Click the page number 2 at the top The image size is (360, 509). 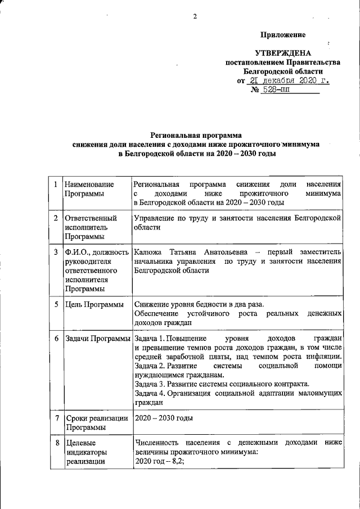click(x=195, y=16)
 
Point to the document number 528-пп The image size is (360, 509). click(x=274, y=90)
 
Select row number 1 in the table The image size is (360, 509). click(x=55, y=184)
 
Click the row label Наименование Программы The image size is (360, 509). click(x=89, y=189)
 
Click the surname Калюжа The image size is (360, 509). click(x=147, y=251)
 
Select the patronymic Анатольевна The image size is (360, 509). click(x=224, y=251)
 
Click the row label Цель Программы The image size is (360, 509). click(x=94, y=304)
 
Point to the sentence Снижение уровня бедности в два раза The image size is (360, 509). click(x=199, y=304)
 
